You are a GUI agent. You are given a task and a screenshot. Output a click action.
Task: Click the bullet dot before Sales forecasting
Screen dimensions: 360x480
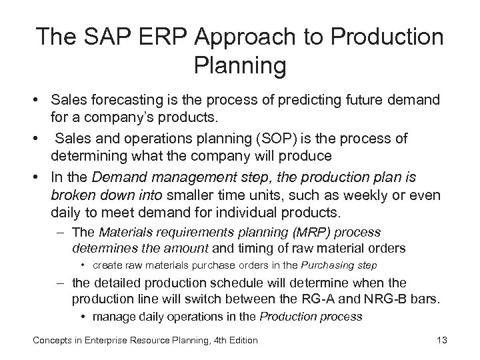pyautogui.click(x=38, y=100)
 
